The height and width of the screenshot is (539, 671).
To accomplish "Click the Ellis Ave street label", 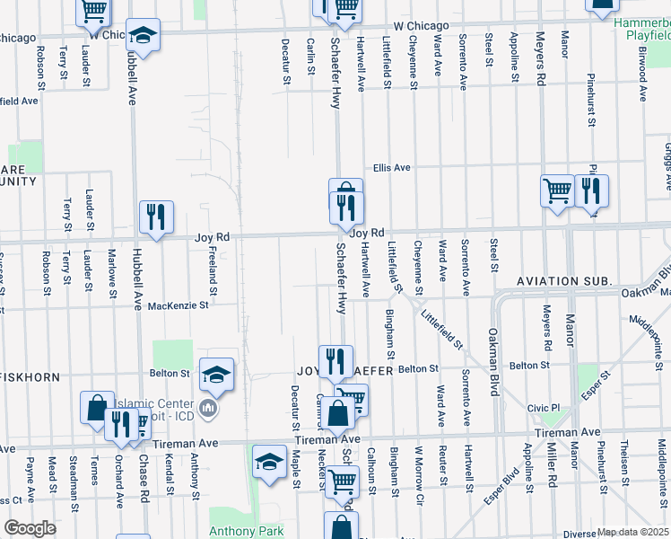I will click(392, 168).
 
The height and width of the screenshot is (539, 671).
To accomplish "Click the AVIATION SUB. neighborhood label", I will click(564, 282).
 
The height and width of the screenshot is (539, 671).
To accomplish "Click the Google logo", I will click(30, 528).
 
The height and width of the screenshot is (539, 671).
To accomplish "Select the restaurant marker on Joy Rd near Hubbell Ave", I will click(156, 218).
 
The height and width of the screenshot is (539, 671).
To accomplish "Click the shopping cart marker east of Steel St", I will click(557, 192).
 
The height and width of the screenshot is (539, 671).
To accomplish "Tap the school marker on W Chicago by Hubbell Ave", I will click(143, 37).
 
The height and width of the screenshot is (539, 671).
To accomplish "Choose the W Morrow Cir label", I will click(419, 471).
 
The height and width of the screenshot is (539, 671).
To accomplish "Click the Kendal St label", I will click(169, 473).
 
